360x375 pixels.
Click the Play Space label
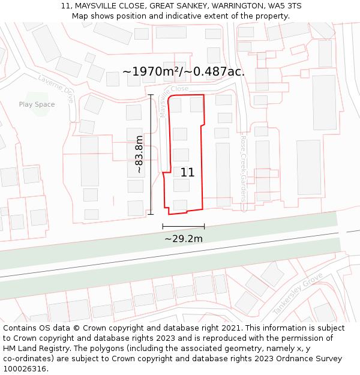pyautogui.click(x=37, y=104)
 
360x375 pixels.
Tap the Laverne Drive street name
pyautogui.click(x=55, y=88)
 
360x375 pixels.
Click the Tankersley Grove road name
pyautogui.click(x=298, y=295)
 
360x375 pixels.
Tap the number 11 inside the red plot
pyautogui.click(x=187, y=173)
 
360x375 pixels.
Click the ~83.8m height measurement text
pyautogui.click(x=139, y=154)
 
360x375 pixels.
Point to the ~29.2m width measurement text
pyautogui.click(x=184, y=239)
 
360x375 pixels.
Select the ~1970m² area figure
pyautogui.click(x=148, y=72)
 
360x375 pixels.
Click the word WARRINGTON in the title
pyautogui.click(x=233, y=6)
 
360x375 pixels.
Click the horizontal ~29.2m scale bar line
pyautogui.click(x=184, y=227)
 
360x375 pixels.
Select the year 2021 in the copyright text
pyautogui.click(x=230, y=328)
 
